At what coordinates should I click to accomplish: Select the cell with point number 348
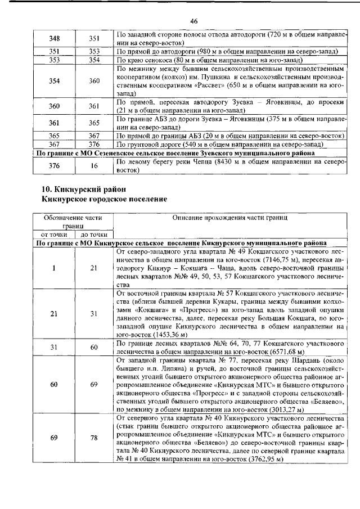click(x=55, y=38)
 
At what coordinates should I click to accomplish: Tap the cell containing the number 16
click(x=94, y=165)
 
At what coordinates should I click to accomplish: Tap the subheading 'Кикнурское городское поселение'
click(x=104, y=199)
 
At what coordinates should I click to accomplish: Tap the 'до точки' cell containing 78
click(x=94, y=438)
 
